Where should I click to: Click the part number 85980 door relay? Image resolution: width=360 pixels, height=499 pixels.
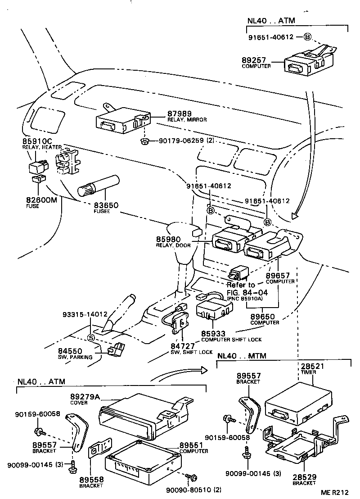[168, 240]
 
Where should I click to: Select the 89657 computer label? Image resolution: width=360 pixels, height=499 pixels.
[277, 275]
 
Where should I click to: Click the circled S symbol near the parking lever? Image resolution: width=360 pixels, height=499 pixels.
[91, 338]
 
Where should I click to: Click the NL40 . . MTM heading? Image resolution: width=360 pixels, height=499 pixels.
[241, 355]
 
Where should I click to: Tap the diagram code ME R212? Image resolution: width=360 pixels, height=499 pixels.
[335, 492]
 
